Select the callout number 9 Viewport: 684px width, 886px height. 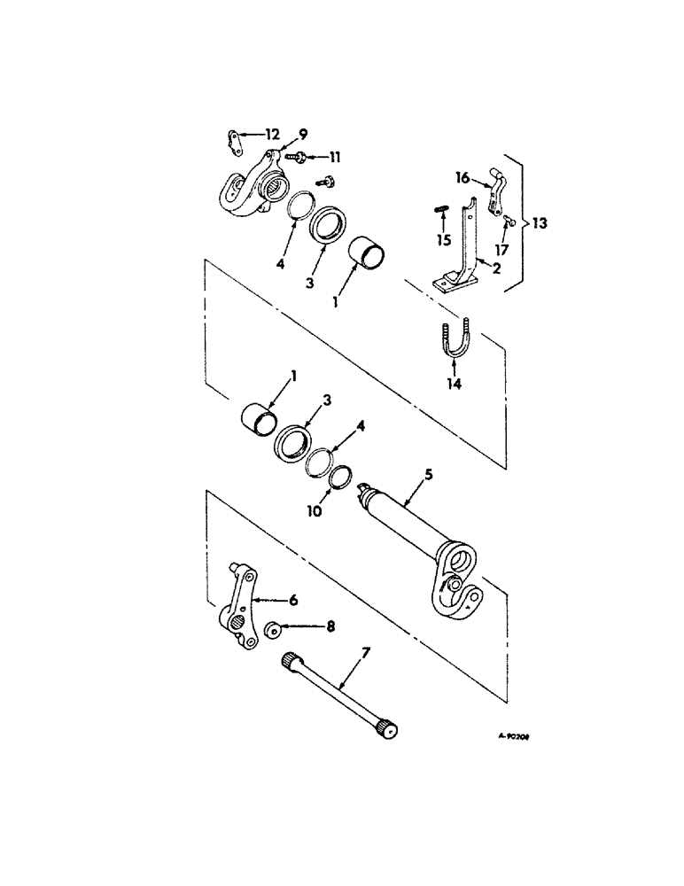coord(302,135)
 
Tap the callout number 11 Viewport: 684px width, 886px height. coord(334,157)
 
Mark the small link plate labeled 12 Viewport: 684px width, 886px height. coord(232,137)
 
